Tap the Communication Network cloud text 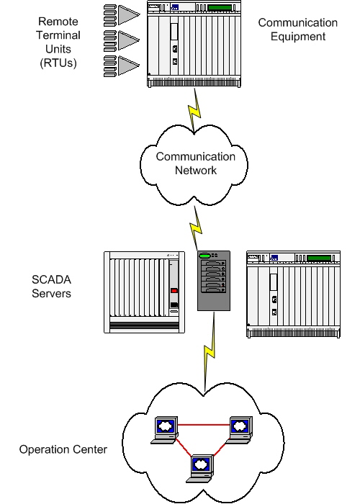185,163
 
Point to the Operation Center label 63,449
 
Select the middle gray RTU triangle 128,39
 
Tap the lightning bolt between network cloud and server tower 195,228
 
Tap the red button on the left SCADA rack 174,291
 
